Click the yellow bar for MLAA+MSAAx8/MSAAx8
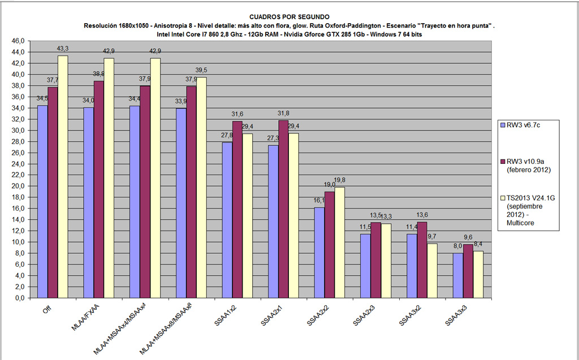(x=201, y=187)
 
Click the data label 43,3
(x=62, y=50)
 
